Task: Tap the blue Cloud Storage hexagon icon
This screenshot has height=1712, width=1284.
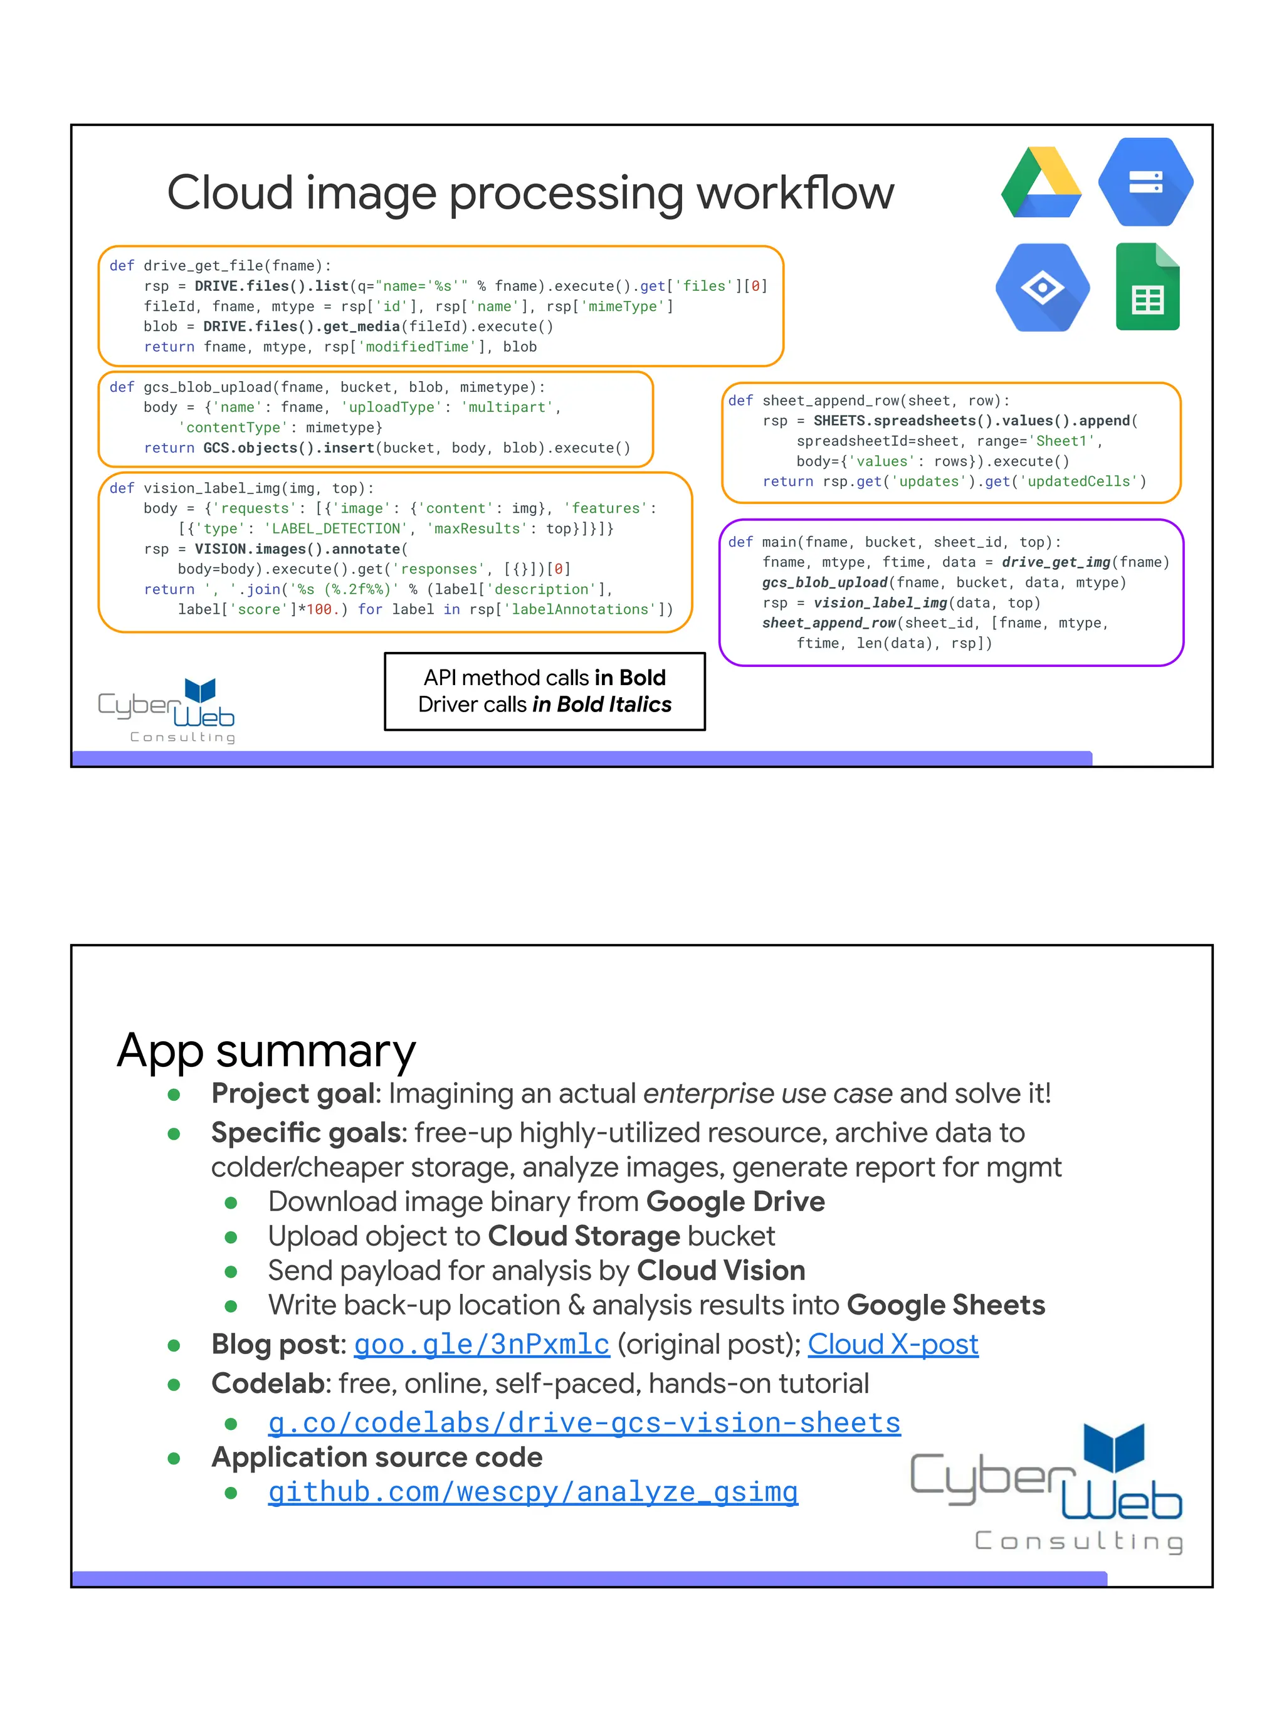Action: (1145, 182)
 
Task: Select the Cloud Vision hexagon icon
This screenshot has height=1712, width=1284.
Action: (1042, 288)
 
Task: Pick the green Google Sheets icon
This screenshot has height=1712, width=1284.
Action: (1147, 288)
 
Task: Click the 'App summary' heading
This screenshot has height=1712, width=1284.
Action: (266, 1050)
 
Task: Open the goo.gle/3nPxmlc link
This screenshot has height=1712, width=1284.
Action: (481, 1345)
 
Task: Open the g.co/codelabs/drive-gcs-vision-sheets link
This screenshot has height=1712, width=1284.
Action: (584, 1422)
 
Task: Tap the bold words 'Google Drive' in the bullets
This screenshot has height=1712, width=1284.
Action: (735, 1202)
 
